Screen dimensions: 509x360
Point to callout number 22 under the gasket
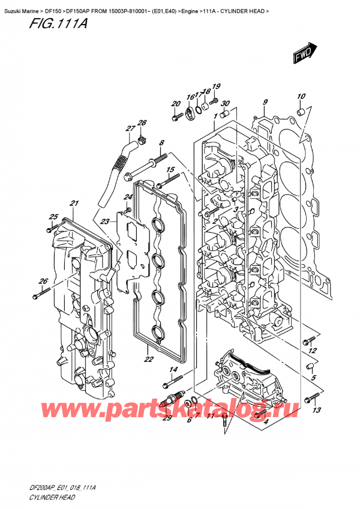point(148,360)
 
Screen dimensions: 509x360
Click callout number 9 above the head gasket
point(265,101)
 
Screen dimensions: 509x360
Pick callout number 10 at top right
point(301,96)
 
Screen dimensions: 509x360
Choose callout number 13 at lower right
point(317,410)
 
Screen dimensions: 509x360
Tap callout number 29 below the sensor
point(167,418)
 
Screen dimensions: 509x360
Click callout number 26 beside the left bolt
point(43,281)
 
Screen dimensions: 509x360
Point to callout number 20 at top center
point(176,104)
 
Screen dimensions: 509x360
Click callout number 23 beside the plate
point(105,221)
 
